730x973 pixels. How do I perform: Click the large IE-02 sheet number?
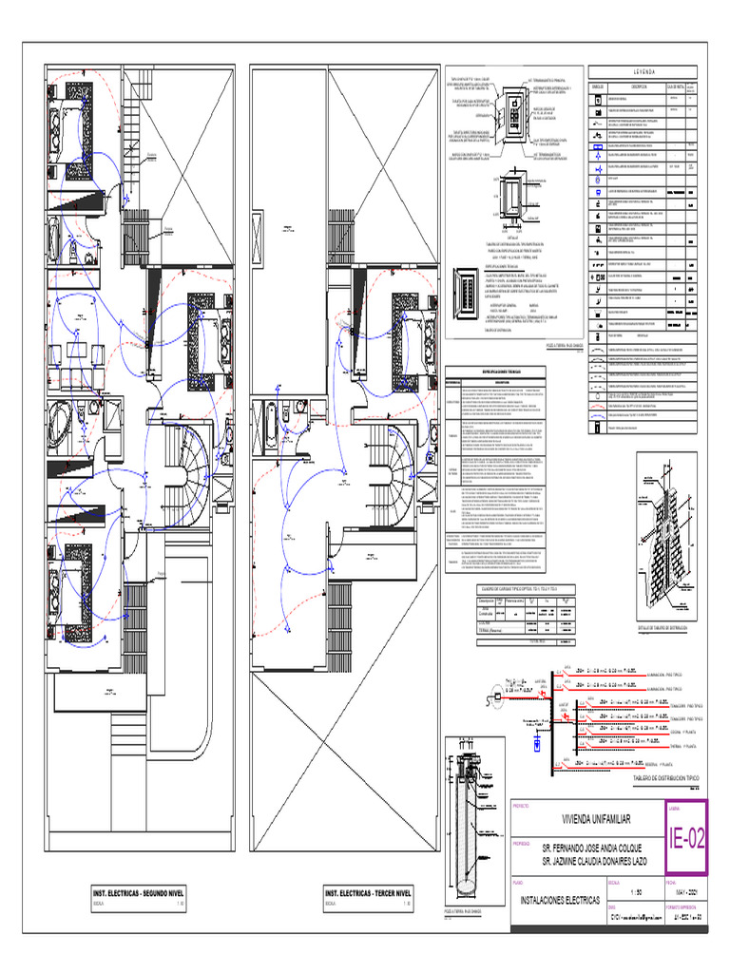pos(687,838)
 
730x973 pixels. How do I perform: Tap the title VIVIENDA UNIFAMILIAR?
pos(588,819)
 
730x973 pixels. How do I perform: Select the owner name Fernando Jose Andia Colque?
pos(593,846)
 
